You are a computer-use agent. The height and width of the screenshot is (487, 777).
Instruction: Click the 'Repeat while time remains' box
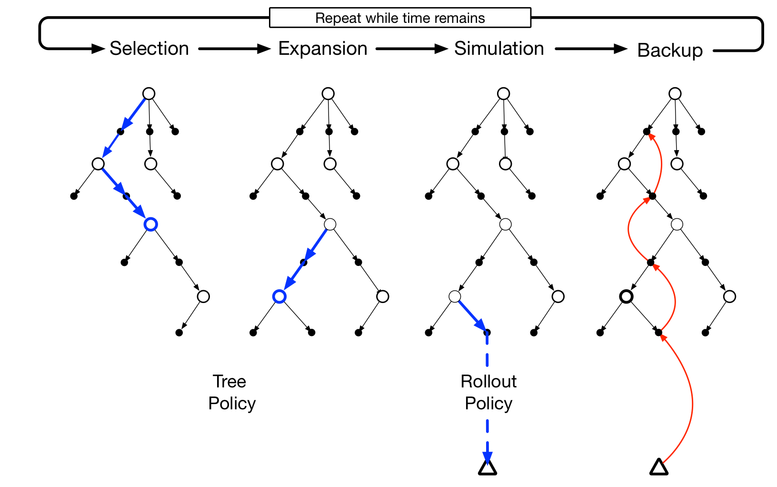point(400,18)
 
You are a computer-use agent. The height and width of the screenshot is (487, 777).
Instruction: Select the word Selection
point(149,49)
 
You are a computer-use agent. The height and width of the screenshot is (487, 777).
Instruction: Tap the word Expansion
point(322,49)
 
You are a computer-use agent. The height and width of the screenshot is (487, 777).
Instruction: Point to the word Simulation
point(498,49)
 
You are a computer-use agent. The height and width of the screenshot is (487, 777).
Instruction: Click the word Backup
point(669,51)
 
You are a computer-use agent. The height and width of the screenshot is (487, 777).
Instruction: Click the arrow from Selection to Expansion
point(234,49)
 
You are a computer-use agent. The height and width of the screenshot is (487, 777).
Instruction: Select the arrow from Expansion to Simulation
point(411,49)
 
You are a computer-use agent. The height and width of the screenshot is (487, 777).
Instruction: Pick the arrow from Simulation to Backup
point(590,49)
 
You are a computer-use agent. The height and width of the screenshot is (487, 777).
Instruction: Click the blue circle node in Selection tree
point(151,224)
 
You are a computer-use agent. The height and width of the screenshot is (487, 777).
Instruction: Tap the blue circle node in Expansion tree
point(279,296)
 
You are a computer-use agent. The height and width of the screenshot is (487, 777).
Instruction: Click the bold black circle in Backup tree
point(627,296)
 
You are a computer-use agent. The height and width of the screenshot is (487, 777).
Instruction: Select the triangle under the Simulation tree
point(487,468)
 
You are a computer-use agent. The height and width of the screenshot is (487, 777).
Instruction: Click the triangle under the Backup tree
point(658,468)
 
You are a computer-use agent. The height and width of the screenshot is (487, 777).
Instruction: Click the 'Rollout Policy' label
point(488,392)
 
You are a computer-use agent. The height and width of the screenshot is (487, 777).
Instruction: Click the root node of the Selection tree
point(149,93)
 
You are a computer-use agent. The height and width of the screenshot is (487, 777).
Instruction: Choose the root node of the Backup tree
point(675,93)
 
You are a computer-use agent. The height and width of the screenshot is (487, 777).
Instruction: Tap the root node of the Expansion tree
point(328,93)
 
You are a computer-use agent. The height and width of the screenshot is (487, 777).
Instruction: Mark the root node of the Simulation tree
point(503,93)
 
